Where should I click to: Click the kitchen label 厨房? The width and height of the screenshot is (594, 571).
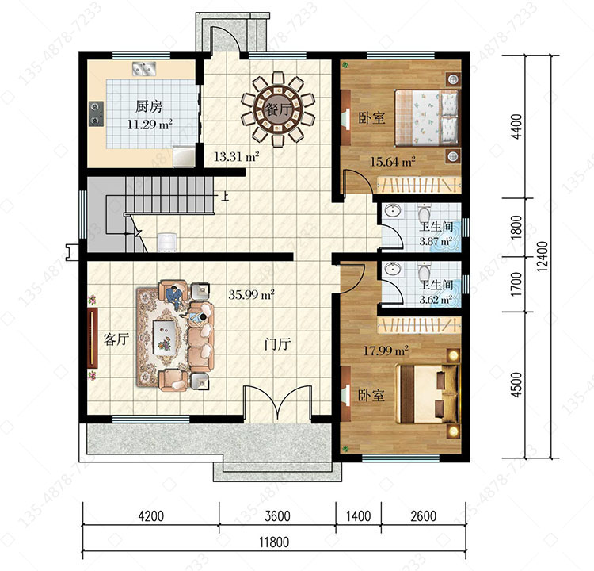click(x=149, y=106)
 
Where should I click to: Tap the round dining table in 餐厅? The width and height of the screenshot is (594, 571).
click(x=278, y=110)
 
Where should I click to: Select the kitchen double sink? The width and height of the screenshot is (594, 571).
click(x=143, y=68)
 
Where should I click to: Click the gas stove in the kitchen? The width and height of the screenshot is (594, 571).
click(x=96, y=113)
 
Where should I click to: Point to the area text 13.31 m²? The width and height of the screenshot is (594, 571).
click(x=236, y=156)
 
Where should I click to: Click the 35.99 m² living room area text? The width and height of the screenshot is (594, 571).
click(x=251, y=294)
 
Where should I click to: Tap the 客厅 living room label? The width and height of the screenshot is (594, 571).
click(x=116, y=339)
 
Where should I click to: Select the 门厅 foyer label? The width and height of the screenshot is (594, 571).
click(x=278, y=344)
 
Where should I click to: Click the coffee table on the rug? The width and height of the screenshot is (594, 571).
click(x=165, y=337)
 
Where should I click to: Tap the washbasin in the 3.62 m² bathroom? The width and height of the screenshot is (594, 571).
click(x=393, y=269)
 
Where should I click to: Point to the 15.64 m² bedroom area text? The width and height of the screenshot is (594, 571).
click(x=393, y=162)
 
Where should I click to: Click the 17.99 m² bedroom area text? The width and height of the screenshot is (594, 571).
click(x=386, y=351)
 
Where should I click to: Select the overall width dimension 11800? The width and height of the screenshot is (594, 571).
click(x=274, y=542)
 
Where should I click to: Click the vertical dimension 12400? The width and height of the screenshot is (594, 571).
click(x=542, y=256)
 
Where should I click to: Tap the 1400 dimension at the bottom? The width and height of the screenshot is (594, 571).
click(x=358, y=516)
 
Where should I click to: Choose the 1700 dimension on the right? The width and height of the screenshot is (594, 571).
click(x=516, y=284)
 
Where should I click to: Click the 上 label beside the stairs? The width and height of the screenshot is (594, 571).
click(x=225, y=196)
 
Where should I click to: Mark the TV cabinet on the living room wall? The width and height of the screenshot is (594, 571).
click(x=93, y=338)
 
